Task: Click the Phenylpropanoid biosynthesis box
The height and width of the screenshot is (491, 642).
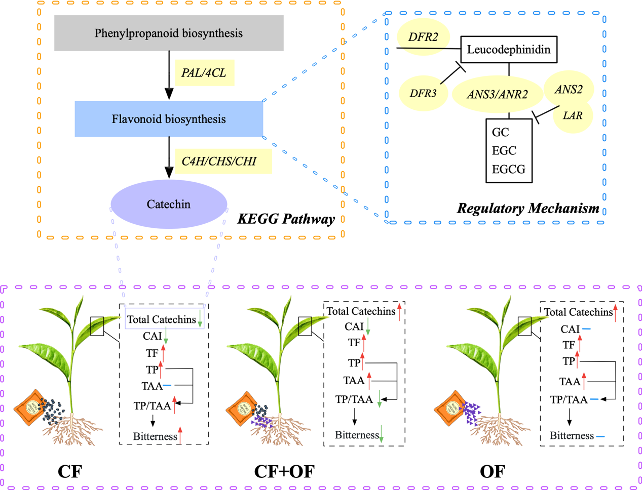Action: pos(169,33)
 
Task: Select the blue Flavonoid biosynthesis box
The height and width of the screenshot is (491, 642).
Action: pos(169,119)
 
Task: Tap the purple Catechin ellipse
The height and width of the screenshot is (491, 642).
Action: pos(169,204)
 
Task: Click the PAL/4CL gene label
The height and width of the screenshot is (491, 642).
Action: pos(204,72)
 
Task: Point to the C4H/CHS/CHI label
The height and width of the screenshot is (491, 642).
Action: pos(219,161)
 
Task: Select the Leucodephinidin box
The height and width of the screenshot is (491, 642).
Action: pos(508,50)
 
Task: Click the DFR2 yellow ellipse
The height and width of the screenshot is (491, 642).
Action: pos(423,37)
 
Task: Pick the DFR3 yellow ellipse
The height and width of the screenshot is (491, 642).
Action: pos(423,93)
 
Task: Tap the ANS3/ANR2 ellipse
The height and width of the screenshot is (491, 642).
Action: pos(497,94)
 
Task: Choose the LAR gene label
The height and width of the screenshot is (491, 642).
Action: pos(573,115)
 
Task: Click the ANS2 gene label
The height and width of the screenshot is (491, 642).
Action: pos(568,90)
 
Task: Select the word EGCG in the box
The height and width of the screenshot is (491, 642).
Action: pos(508,169)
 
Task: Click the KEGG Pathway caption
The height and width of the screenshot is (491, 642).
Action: pos(286,219)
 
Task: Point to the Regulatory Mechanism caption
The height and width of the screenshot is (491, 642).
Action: pos(528,208)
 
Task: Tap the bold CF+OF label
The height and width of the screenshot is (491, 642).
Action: pos(284,471)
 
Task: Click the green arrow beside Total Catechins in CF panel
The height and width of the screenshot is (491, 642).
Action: pos(200,318)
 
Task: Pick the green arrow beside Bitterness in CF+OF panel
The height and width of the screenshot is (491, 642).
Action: pos(382,434)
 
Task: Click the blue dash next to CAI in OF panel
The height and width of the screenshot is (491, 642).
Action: pos(586,330)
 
